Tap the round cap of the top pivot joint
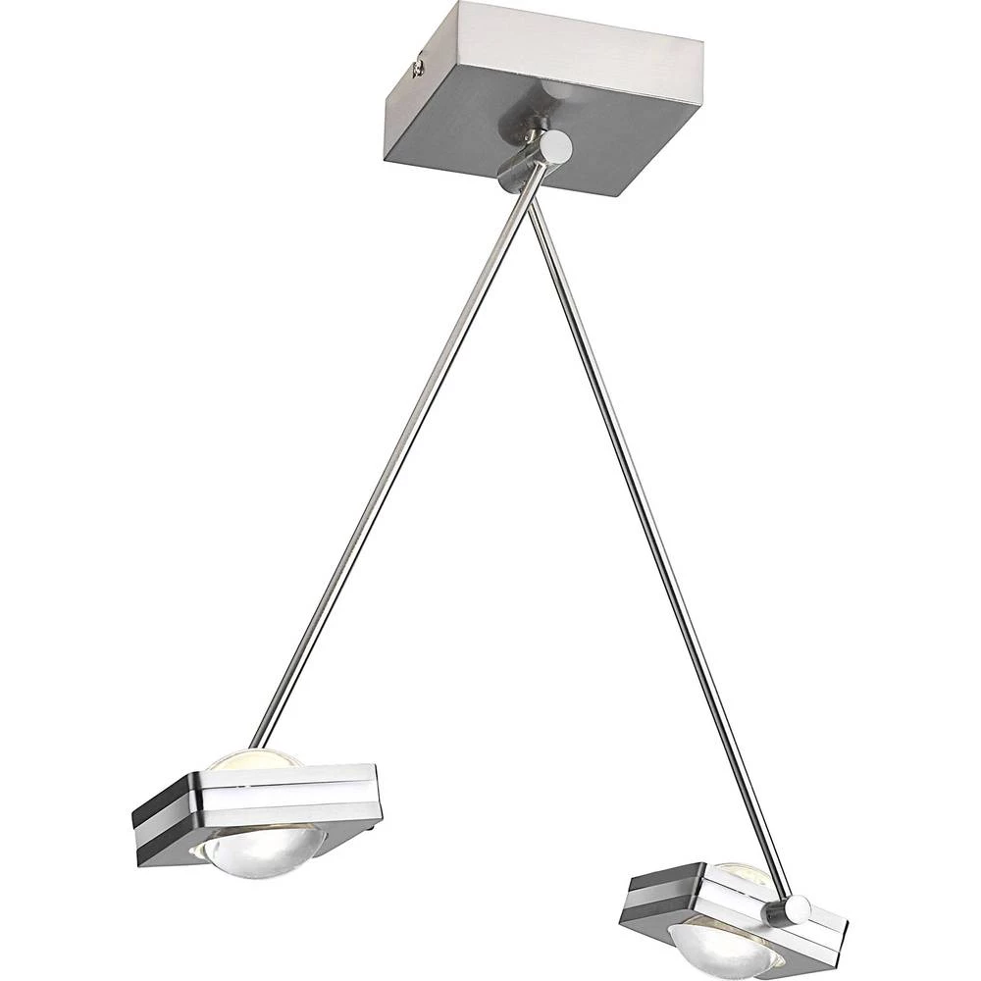557,147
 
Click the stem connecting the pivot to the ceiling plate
530,128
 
